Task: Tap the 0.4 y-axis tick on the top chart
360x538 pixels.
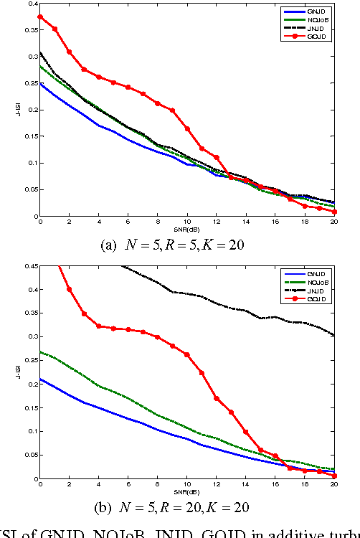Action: point(32,4)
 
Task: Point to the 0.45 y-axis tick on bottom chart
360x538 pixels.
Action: point(31,266)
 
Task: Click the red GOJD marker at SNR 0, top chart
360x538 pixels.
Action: point(40,16)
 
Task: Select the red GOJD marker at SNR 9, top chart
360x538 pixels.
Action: point(173,110)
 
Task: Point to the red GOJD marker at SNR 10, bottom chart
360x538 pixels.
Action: point(187,354)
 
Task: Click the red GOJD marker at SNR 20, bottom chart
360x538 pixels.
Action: point(334,476)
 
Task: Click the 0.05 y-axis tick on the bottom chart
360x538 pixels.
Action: point(31,455)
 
